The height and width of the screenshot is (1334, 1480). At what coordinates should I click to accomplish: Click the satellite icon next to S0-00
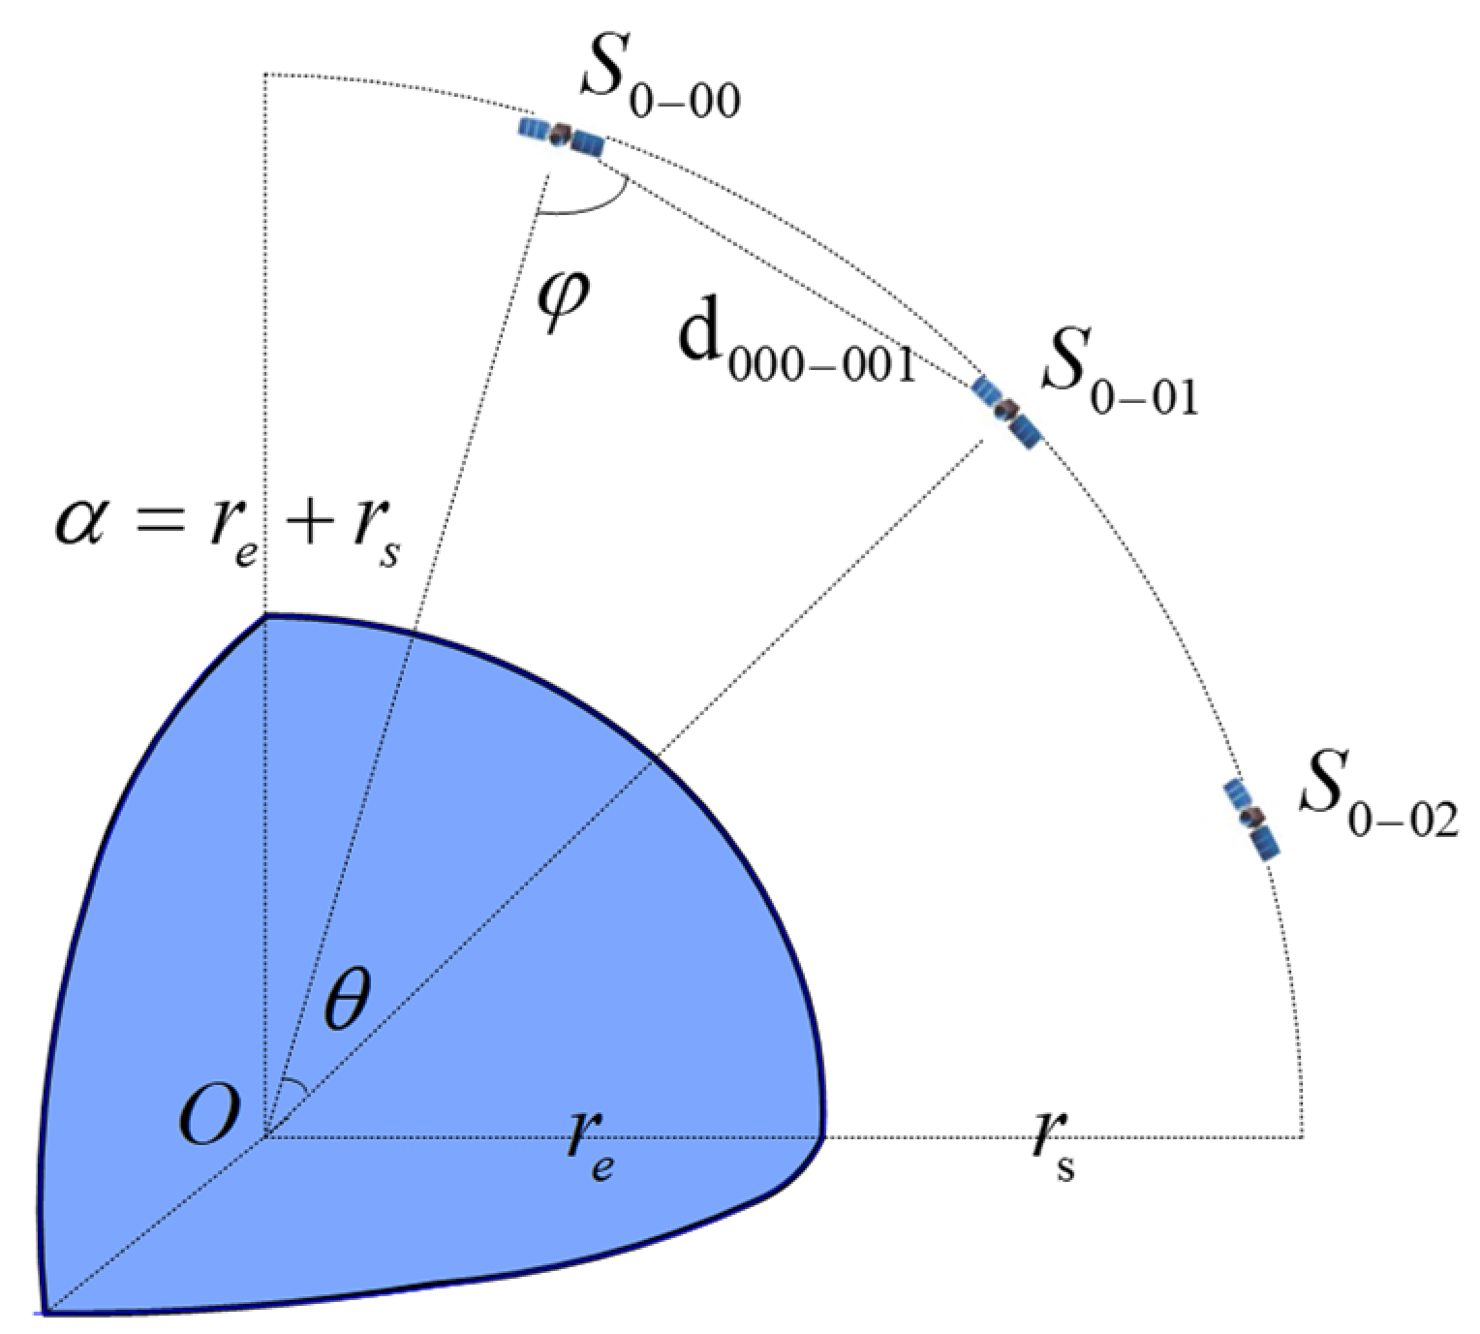point(561,137)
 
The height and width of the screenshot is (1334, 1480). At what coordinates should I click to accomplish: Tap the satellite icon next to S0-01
point(1007,412)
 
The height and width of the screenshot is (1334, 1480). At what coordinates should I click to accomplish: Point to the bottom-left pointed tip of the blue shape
point(44,1311)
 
